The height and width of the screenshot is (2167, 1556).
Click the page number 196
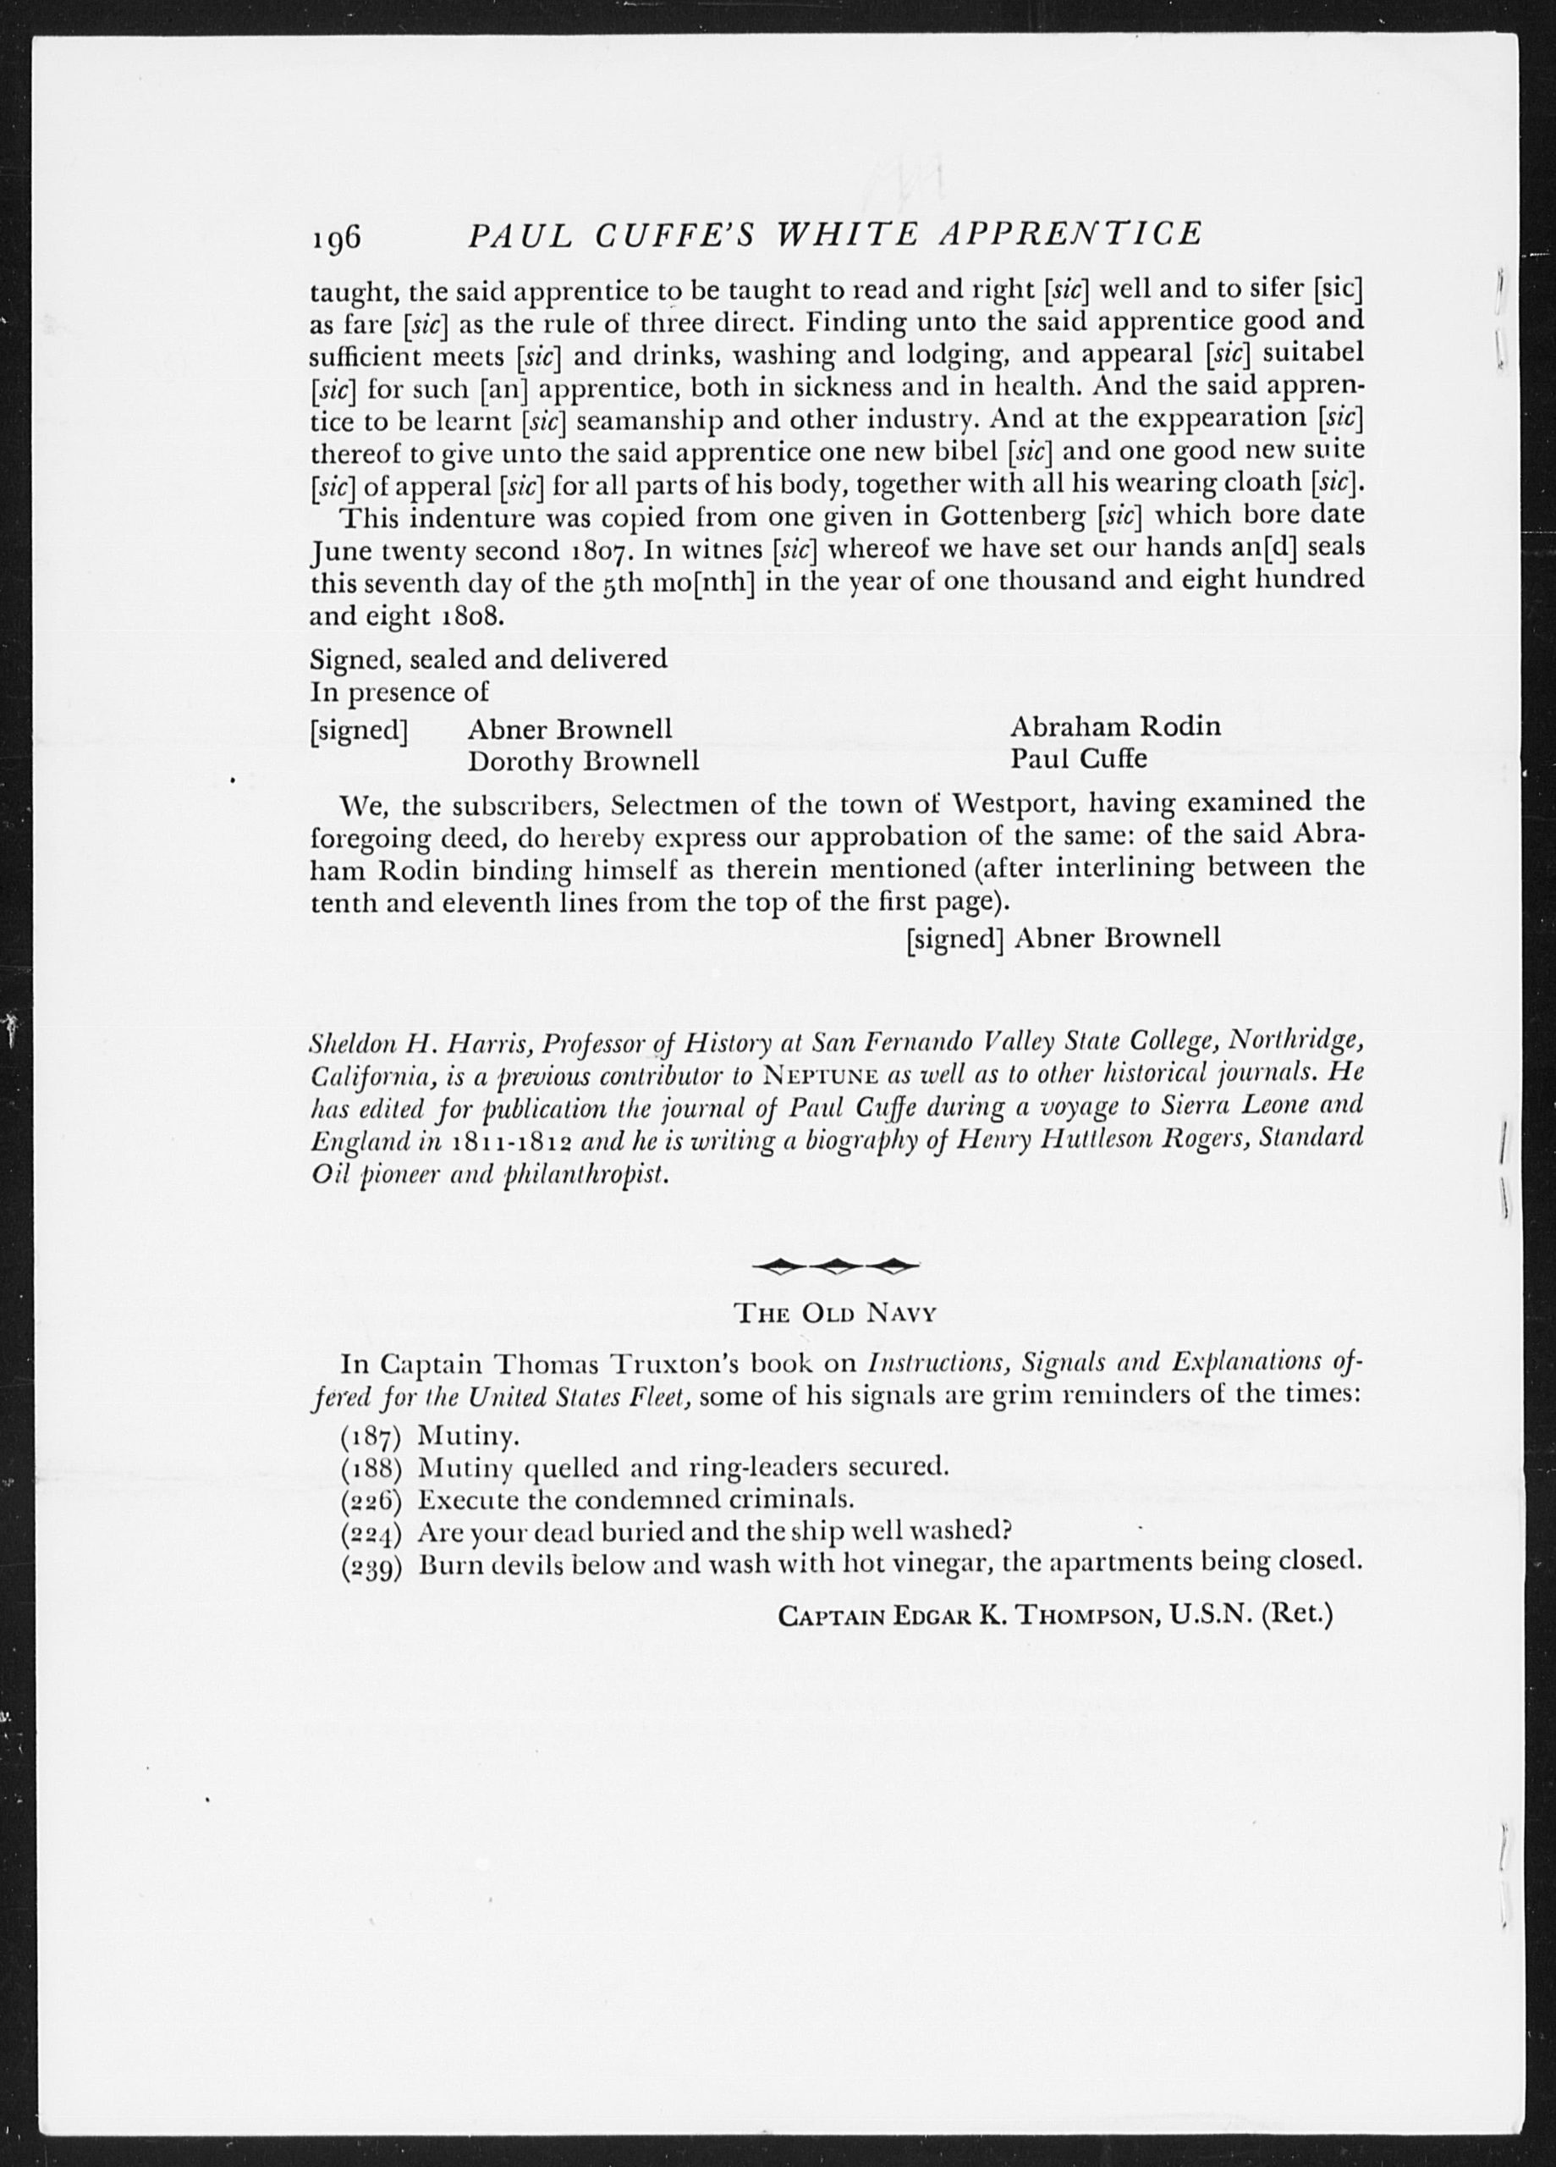pos(334,236)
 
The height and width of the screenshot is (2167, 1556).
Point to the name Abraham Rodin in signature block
pos(1114,726)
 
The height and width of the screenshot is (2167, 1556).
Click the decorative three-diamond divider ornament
pos(836,1267)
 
